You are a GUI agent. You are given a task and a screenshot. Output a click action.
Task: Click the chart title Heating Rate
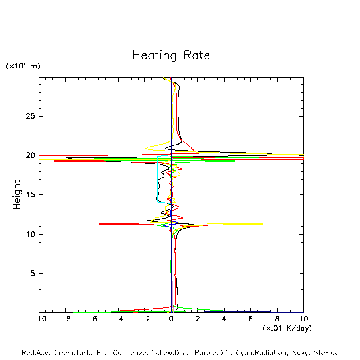(171, 55)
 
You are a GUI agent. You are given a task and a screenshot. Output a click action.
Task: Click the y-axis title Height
(17, 195)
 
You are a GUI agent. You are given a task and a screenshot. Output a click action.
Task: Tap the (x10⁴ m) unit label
(23, 66)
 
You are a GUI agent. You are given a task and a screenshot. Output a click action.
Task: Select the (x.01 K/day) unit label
(287, 328)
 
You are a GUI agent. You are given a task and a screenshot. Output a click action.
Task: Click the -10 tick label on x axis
(39, 319)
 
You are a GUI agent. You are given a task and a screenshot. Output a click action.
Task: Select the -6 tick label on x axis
(92, 319)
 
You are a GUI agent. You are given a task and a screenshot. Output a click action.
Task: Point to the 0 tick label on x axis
(171, 319)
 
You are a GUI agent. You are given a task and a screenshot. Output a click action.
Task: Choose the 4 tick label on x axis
(224, 319)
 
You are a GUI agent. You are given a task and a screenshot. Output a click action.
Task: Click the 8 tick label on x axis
(277, 319)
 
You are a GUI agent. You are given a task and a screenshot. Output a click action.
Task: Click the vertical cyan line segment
(158, 179)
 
